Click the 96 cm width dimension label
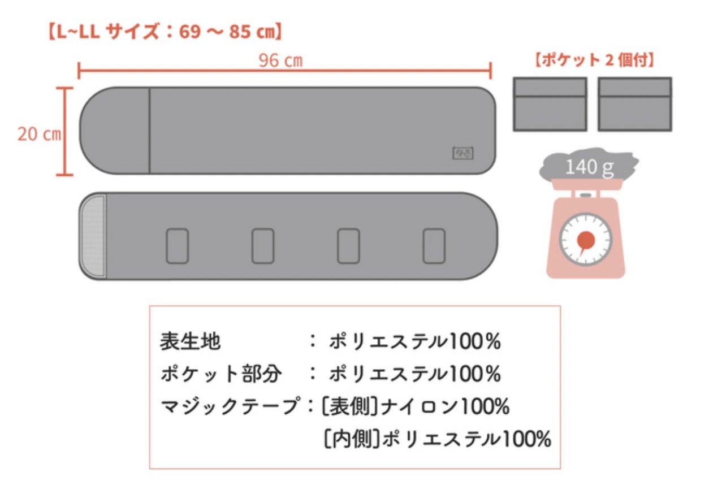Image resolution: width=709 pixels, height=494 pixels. coord(280,61)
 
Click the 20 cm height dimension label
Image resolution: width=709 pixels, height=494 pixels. coord(38,135)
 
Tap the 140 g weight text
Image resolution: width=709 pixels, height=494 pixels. coord(589,167)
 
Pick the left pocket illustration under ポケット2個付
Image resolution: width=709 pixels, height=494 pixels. coord(550,105)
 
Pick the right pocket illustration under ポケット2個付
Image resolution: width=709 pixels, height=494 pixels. coord(635,105)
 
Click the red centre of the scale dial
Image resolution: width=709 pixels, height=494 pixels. coord(586,241)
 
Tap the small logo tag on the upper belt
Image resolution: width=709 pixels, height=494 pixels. coord(463,153)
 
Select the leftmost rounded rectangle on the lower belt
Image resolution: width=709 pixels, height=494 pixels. coord(177,246)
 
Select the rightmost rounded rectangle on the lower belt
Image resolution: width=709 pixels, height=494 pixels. coord(434,246)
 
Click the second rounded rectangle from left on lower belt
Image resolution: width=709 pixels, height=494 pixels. coord(263,246)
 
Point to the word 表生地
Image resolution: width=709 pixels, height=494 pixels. coord(191,341)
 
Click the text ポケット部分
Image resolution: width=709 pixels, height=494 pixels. coord(221,374)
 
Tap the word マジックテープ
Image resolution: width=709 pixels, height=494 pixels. coord(229,406)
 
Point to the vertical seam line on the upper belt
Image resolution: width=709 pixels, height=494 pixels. coord(149,131)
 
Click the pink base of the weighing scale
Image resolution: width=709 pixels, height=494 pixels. coord(586,271)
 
